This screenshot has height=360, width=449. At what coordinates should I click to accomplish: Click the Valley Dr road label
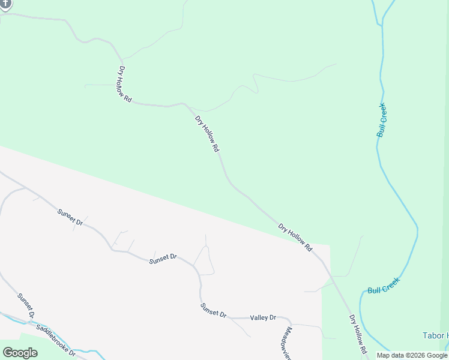[x=263, y=317]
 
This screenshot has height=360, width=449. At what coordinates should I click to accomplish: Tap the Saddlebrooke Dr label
[x=56, y=340]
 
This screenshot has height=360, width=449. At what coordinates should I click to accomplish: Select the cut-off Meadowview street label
[x=288, y=343]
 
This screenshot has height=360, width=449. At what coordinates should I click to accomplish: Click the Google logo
[x=20, y=353]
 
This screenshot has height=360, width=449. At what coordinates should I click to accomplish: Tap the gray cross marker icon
[x=5, y=4]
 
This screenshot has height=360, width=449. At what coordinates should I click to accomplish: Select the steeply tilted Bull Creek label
[x=382, y=120]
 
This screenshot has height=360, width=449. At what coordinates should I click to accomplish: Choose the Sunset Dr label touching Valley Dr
[x=213, y=310]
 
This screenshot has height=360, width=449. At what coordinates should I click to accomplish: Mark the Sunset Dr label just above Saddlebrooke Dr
[x=26, y=305]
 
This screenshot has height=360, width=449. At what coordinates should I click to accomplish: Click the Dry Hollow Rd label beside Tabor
[x=358, y=333]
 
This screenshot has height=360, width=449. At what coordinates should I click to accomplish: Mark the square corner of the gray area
[x=330, y=245]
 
